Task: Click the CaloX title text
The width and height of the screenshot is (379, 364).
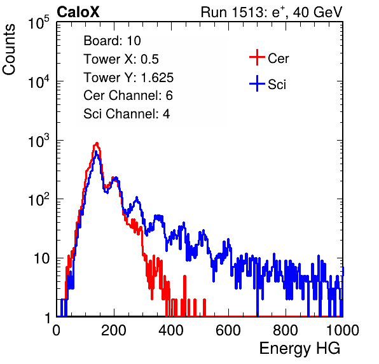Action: pos(78,12)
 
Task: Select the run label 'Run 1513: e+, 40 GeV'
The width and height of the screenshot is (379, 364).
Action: pos(272,12)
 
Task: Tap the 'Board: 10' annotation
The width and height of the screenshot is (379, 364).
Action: pos(112,41)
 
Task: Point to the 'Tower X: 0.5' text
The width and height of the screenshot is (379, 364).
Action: pos(121,59)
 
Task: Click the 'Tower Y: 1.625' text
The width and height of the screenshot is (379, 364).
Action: pos(128,78)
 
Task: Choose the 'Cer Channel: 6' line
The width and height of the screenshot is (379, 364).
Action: pos(128,95)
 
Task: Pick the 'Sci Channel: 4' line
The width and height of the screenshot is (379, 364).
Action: pos(127,114)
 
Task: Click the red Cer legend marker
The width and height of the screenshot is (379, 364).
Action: pos(257,57)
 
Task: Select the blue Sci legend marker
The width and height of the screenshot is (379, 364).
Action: pos(257,83)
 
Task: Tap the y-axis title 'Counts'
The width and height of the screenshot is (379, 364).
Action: pos(9,49)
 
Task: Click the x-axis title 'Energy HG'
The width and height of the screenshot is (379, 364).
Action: pos(300,349)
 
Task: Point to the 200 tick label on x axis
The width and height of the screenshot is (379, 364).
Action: pos(114,330)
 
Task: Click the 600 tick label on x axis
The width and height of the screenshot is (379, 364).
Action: pos(228,330)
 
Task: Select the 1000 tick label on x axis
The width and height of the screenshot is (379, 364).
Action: pos(343,330)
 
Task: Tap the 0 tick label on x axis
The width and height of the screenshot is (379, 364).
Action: pos(57,330)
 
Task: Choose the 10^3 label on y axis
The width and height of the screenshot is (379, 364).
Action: pos(39,141)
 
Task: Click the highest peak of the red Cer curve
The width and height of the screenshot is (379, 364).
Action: pos(97,143)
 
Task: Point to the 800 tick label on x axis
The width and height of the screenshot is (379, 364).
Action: pos(286,330)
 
